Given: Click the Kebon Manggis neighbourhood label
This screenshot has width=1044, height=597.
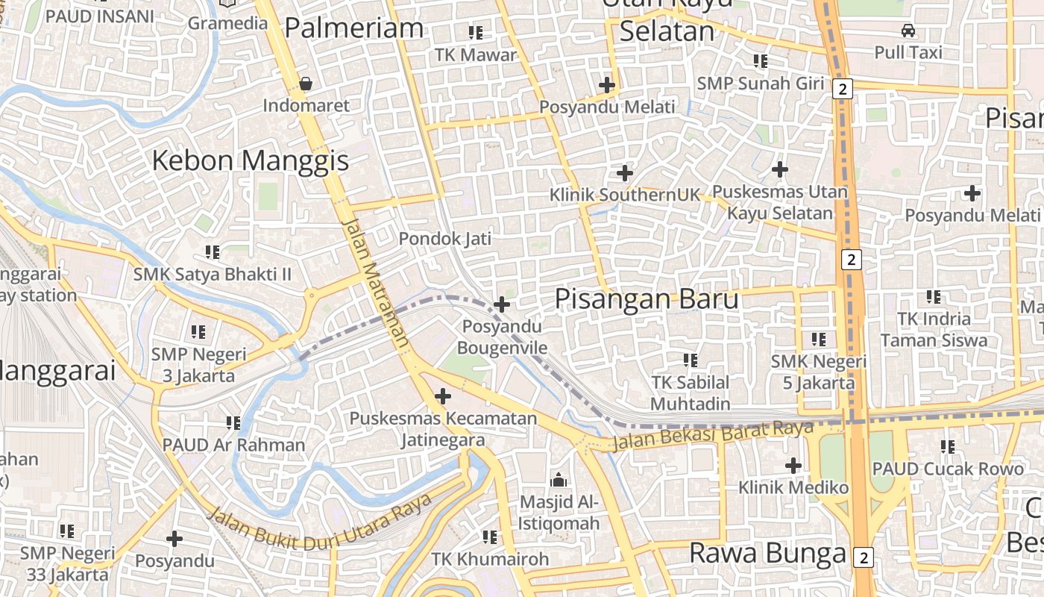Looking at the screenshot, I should click(251, 160).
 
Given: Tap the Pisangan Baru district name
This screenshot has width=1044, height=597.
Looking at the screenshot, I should click(647, 299).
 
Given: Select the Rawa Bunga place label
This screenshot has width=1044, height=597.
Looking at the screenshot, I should click(767, 554).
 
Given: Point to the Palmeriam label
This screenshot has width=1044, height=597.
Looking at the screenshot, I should click(353, 28).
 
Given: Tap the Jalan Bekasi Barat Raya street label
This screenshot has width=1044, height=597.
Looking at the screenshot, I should click(712, 436).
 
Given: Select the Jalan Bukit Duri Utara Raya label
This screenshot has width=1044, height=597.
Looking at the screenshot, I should click(318, 522).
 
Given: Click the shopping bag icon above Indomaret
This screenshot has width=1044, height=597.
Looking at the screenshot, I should click(306, 84).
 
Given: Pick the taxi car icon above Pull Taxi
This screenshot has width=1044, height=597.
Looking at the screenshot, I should click(908, 31).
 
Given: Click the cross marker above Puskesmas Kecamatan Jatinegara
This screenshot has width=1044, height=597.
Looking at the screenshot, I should click(443, 396).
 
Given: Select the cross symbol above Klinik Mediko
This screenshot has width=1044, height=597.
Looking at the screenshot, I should click(793, 466).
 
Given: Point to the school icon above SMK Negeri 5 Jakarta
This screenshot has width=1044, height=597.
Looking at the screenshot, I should click(819, 340).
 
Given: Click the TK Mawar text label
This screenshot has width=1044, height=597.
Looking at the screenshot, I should click(476, 54).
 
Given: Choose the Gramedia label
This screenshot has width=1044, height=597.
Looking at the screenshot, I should click(227, 23).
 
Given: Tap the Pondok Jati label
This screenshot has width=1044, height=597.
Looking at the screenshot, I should click(445, 239).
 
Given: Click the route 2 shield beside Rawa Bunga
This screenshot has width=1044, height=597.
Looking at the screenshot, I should click(864, 557).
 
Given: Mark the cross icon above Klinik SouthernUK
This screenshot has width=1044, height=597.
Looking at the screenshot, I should click(625, 174).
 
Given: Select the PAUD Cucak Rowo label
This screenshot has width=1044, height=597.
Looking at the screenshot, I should click(948, 469).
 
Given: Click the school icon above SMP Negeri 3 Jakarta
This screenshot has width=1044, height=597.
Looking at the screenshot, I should click(198, 331).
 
